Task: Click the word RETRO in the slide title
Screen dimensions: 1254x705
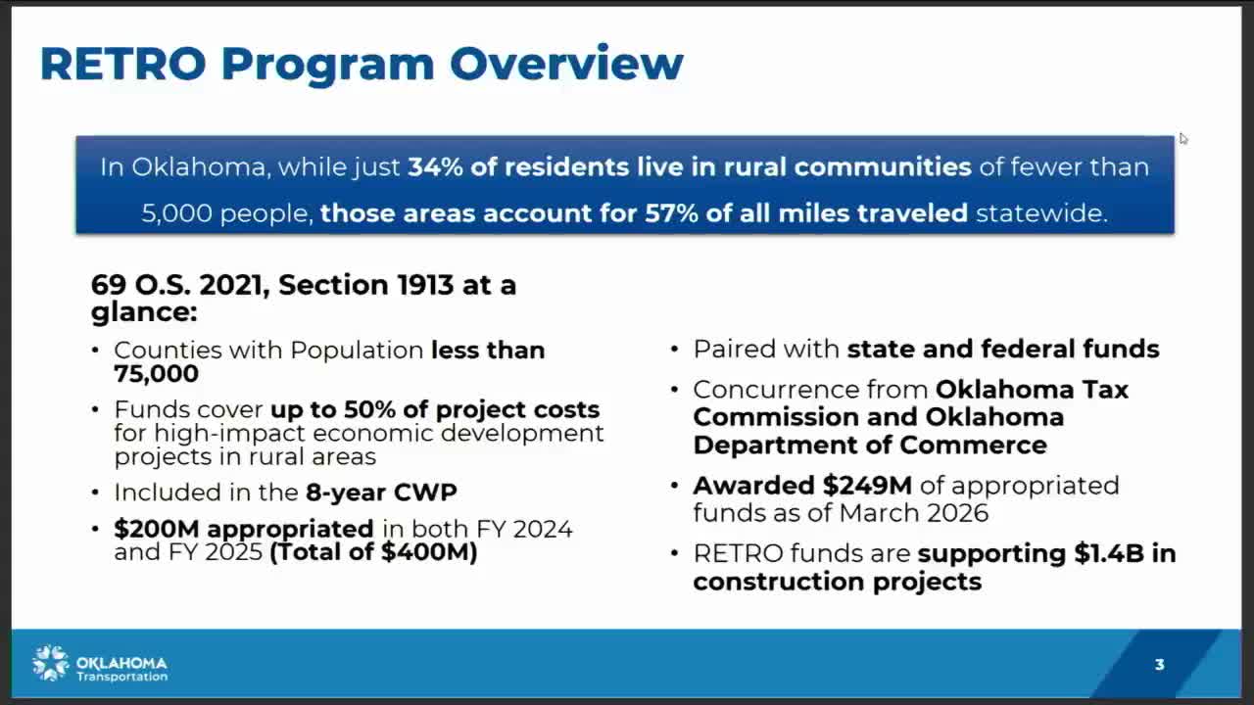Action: click(123, 64)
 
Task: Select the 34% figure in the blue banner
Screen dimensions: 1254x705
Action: click(435, 166)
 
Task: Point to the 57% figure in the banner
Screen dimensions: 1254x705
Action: click(671, 213)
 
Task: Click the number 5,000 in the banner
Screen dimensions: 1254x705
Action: click(177, 213)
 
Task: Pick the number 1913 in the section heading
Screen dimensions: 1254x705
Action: click(425, 285)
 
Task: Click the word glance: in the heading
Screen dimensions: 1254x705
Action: click(144, 312)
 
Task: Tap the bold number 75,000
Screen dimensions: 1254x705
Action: click(156, 374)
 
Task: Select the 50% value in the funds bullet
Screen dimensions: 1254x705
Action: click(369, 409)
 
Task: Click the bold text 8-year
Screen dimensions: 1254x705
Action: click(346, 493)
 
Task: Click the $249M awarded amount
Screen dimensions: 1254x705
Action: click(867, 485)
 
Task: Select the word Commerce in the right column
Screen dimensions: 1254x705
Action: click(973, 446)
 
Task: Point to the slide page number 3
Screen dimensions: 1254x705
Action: click(1159, 664)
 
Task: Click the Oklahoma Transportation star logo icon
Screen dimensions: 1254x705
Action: click(50, 663)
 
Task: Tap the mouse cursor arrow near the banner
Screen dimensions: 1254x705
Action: click(1182, 139)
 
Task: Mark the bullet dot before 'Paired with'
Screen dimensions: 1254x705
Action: click(675, 350)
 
